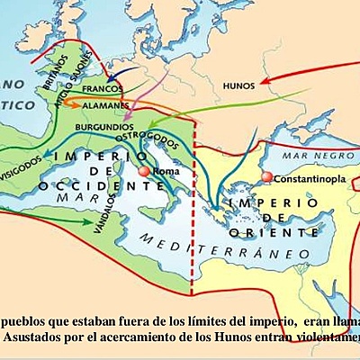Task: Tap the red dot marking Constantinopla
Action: (x=266, y=178)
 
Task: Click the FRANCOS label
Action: (x=102, y=90)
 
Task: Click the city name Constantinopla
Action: (x=310, y=178)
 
